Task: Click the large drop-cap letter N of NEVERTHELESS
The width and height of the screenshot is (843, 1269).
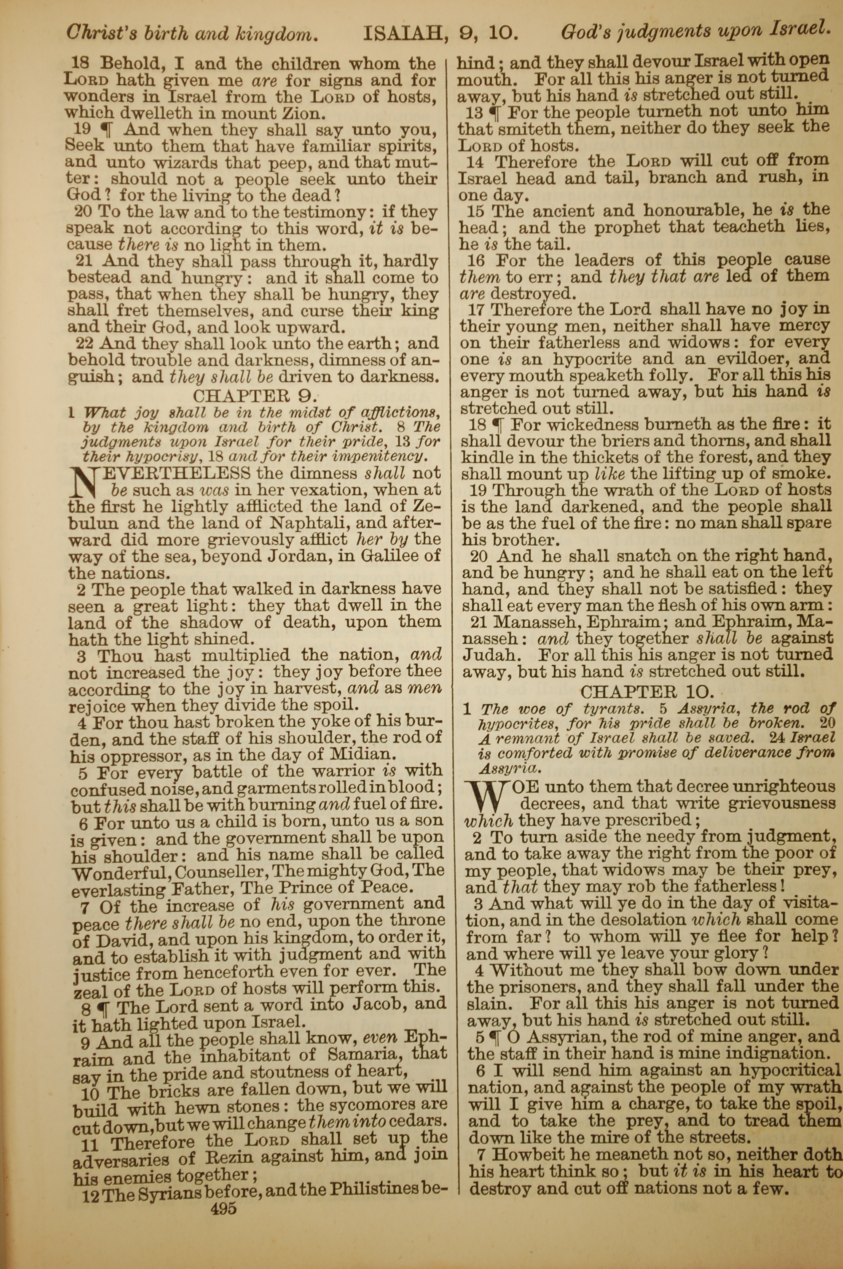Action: (83, 482)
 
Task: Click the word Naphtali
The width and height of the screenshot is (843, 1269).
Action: (304, 523)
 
